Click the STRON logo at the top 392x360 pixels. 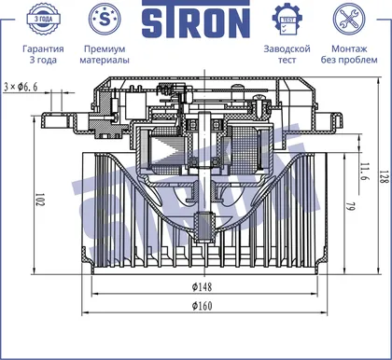[x=196, y=20]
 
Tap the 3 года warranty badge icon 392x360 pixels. [x=43, y=19]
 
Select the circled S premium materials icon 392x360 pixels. [x=105, y=19]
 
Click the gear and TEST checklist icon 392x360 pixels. [x=287, y=20]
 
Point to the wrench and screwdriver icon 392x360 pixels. [x=349, y=19]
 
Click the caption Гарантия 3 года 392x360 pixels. [x=43, y=54]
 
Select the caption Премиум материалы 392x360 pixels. [x=105, y=54]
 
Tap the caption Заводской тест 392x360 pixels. [x=287, y=54]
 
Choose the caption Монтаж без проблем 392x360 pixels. [x=349, y=54]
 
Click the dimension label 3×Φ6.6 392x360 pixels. [x=21, y=87]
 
